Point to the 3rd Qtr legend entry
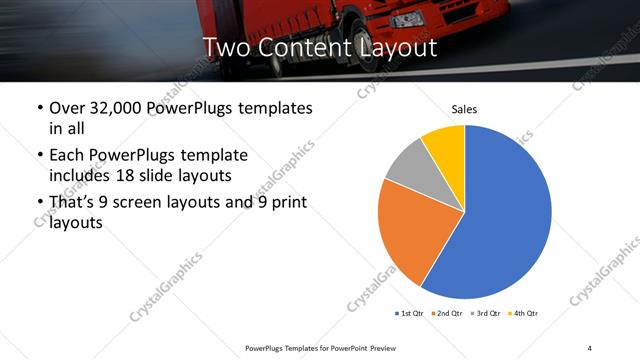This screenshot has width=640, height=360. pyautogui.click(x=486, y=314)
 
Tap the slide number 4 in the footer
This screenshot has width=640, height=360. pyautogui.click(x=589, y=347)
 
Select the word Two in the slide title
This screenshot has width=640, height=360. pyautogui.click(x=226, y=47)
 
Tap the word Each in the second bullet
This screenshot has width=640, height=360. pyautogui.click(x=69, y=156)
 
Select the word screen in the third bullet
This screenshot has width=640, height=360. pyautogui.click(x=154, y=203)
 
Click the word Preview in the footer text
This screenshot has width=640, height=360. pyautogui.click(x=379, y=347)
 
